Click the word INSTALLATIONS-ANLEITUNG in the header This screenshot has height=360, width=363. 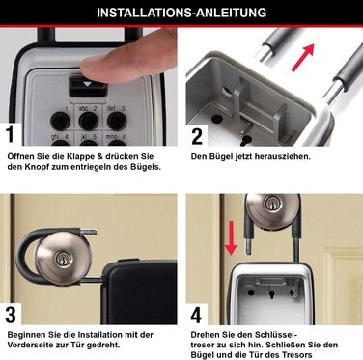pyautogui.click(x=181, y=13)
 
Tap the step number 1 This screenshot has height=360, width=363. pyautogui.click(x=10, y=134)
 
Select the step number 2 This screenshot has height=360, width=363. pyautogui.click(x=197, y=136)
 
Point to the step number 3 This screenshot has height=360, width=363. pyautogui.click(x=11, y=315)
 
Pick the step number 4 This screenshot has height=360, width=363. pyautogui.click(x=196, y=316)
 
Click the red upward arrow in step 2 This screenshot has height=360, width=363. pyautogui.click(x=302, y=57)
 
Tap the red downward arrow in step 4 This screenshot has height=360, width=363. pyautogui.click(x=231, y=238)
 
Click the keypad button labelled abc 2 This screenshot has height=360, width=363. pyautogui.click(x=88, y=121)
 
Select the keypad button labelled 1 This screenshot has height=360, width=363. pyautogui.click(x=60, y=121)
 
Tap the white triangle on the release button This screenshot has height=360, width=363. pyautogui.click(x=87, y=84)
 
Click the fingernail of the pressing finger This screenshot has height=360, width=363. pyautogui.click(x=94, y=62)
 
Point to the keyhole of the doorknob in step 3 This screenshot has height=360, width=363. pyautogui.click(x=61, y=259)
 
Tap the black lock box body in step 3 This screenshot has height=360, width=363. pyautogui.click(x=140, y=291)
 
